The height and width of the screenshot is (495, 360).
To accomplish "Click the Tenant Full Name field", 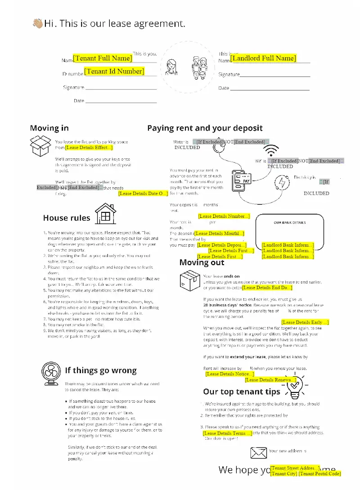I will tap(103, 58).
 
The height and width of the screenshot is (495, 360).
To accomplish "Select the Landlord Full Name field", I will tap(263, 58).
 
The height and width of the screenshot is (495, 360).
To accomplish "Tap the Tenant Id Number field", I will tap(114, 71).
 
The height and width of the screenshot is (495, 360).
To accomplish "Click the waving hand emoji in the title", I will tap(37, 23).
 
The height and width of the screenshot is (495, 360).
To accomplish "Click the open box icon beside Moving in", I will tap(40, 146).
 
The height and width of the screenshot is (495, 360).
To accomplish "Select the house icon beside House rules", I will tap(105, 213).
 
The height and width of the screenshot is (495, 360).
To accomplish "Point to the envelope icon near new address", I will tap(258, 452).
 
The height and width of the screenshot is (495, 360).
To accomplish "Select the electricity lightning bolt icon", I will tap(282, 183).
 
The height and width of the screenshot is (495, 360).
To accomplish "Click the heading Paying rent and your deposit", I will tap(205, 128).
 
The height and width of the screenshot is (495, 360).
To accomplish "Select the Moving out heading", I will tap(202, 262).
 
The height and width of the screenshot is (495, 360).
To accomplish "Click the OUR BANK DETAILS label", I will tap(289, 222).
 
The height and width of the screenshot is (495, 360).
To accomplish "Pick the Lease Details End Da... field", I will tap(267, 288).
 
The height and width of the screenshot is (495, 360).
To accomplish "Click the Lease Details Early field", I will tap(305, 322).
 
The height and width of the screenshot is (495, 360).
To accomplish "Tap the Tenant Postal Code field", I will tap(319, 473).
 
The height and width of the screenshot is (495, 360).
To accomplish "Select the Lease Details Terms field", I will tap(227, 433).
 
